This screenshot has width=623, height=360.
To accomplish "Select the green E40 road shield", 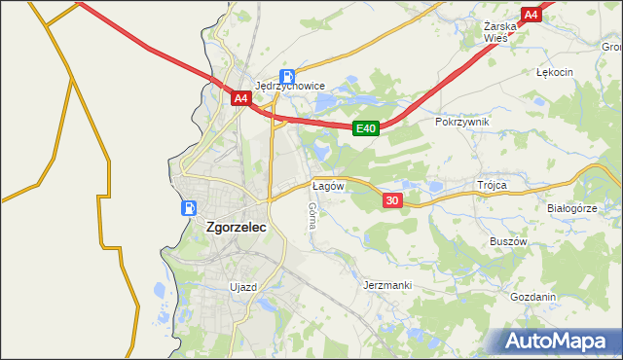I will coord(365,127).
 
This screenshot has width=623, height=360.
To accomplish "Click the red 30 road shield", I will coord(392,199).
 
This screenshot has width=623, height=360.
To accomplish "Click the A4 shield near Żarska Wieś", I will coord(531,15).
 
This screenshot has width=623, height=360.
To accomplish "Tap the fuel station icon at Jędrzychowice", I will coord(287,76).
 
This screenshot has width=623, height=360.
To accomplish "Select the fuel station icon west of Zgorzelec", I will coord(189,207).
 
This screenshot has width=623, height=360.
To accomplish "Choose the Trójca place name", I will coord(493,184).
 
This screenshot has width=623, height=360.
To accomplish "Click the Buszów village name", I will coord(507,241).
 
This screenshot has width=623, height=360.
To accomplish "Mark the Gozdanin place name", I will coord(532,298).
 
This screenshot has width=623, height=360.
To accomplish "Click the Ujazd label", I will coord(242,287).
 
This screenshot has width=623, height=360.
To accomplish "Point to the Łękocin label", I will coord(555,72).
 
